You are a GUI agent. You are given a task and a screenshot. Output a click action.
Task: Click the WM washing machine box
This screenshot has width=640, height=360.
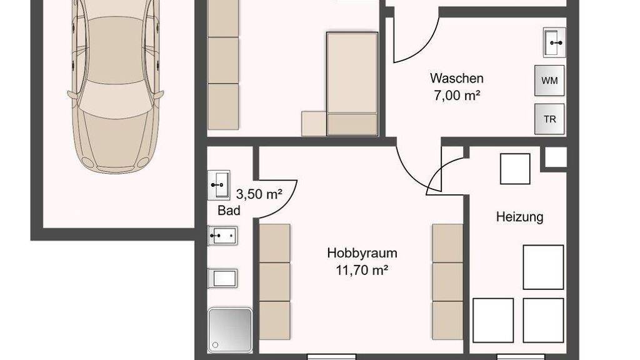tap(549, 81)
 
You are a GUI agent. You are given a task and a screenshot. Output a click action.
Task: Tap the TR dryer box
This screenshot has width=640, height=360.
tap(549, 119)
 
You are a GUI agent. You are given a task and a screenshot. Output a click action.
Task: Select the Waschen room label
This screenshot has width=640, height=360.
tap(457, 78)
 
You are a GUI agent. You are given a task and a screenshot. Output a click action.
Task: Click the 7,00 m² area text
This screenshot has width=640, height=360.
tap(457, 96)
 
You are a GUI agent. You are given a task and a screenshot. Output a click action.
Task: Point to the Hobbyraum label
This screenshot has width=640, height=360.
tap(362, 253)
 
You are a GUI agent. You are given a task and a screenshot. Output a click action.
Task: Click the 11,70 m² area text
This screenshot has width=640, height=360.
tap(362, 270)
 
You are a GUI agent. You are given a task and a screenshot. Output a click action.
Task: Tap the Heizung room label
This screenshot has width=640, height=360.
tap(519, 216)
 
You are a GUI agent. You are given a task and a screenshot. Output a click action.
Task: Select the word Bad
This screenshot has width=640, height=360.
tap(229, 211)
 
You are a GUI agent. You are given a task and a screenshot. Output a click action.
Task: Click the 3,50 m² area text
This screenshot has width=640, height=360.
tap(259, 194)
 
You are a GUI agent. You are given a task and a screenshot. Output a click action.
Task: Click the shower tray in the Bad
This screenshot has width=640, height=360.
tap(230, 330)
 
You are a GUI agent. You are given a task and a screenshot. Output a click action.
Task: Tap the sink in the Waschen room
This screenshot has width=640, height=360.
tap(554, 42)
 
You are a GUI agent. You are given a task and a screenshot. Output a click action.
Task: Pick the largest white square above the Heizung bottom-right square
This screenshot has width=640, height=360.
tap(543, 267)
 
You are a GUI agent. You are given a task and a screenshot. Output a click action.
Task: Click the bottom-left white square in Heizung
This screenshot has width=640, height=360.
tap(493, 321)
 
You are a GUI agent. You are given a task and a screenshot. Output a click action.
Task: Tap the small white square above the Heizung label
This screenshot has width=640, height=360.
tap(515, 169)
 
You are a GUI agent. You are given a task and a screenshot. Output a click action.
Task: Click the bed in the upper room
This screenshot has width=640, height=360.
tap(352, 84)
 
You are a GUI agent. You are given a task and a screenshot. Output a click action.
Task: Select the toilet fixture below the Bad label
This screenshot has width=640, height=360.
tap(222, 278)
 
